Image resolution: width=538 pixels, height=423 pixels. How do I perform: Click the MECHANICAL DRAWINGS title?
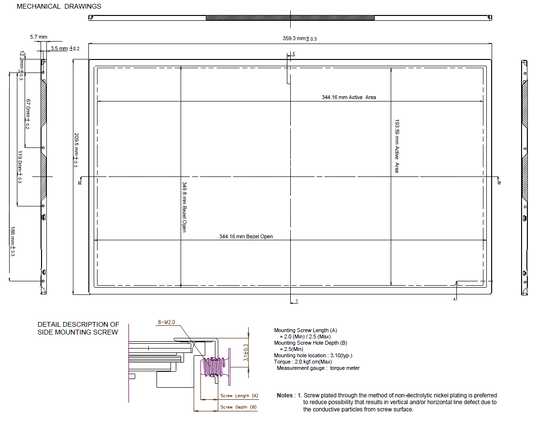coord(59,6)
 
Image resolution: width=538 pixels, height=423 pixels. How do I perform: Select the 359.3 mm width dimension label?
coord(299,39)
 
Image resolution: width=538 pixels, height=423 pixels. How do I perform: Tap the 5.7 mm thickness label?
coord(39,37)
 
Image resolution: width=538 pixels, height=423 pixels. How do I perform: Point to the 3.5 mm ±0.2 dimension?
coord(65,48)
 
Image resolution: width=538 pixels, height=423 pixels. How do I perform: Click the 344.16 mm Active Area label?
coord(349,97)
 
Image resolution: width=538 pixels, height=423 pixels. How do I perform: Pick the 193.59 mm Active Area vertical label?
coord(397,146)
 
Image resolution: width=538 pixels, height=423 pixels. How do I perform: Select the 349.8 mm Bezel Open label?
coord(184,207)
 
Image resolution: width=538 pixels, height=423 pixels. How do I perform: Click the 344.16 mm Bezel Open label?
coord(246,236)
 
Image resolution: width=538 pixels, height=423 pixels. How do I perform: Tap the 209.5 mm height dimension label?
coord(76,150)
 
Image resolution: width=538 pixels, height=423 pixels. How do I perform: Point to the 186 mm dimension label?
coord(13,241)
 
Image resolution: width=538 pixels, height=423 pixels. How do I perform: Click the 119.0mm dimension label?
coord(20,167)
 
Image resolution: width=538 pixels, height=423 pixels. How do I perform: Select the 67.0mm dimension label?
coord(28,114)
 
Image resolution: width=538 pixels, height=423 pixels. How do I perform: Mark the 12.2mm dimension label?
coord(22,66)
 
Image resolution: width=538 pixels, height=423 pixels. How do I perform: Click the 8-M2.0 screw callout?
coord(167,322)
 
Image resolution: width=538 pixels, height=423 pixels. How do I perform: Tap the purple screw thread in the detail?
coord(214,367)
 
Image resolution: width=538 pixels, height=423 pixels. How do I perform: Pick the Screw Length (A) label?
coord(239,395)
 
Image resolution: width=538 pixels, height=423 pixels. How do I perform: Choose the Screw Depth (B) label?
coord(239,407)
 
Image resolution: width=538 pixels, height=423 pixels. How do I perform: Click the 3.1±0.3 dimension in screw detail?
coord(245,352)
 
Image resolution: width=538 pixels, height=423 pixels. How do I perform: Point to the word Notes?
coord(285,395)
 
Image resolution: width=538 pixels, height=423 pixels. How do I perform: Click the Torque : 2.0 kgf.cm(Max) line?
coord(303,362)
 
